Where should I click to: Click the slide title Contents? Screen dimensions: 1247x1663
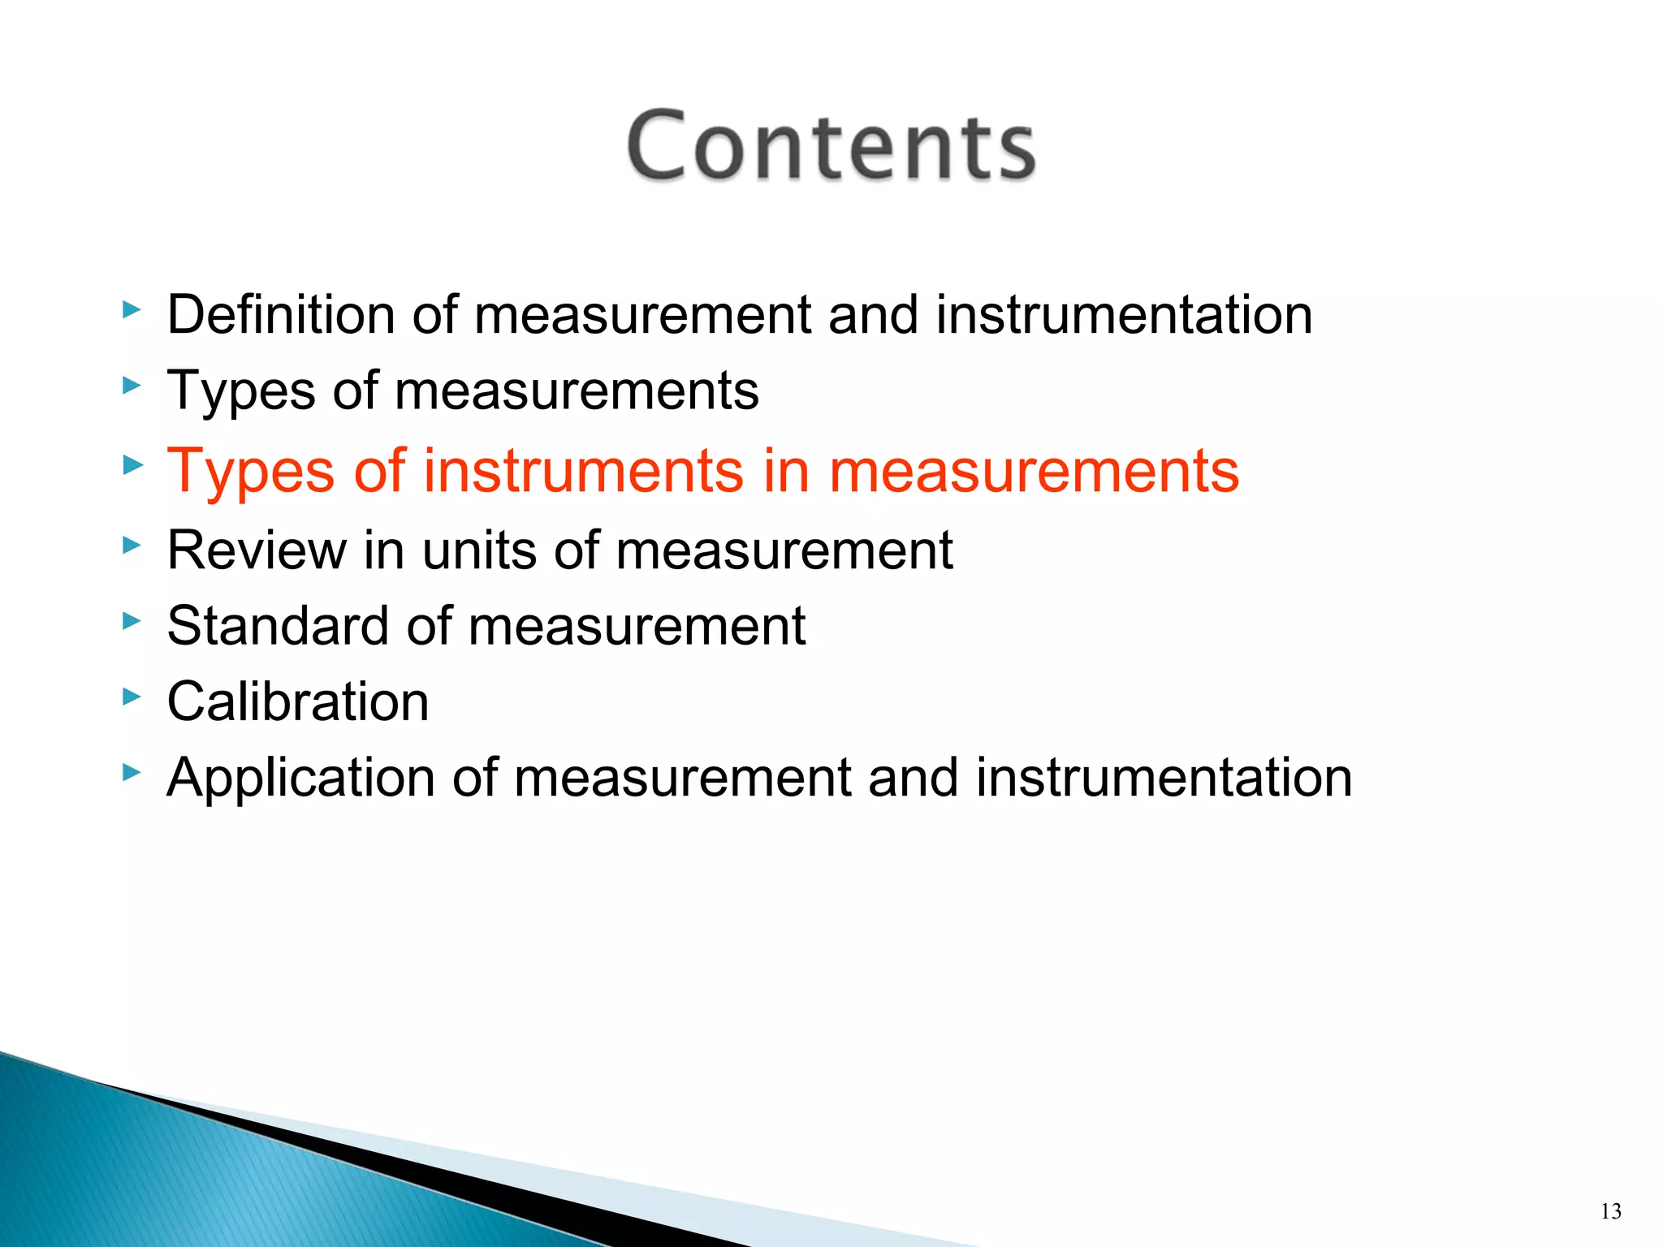[831, 146]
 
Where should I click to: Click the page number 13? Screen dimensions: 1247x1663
[1611, 1212]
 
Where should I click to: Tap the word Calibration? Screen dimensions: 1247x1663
[298, 701]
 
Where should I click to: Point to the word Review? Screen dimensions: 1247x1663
[256, 550]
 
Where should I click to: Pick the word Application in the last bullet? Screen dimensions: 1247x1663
[300, 778]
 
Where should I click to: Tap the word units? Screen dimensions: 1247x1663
[479, 550]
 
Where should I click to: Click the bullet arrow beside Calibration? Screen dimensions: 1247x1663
[132, 696]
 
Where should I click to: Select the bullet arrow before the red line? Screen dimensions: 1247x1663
[132, 465]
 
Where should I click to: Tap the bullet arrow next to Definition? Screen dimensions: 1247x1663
[132, 309]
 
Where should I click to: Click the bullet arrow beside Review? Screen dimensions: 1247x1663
[132, 545]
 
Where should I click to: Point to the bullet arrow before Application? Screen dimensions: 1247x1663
[132, 771]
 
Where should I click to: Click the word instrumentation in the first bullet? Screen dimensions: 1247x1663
[1124, 314]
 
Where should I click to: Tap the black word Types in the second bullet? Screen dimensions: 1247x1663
[240, 391]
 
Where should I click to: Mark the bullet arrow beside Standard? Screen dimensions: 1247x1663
[132, 621]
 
